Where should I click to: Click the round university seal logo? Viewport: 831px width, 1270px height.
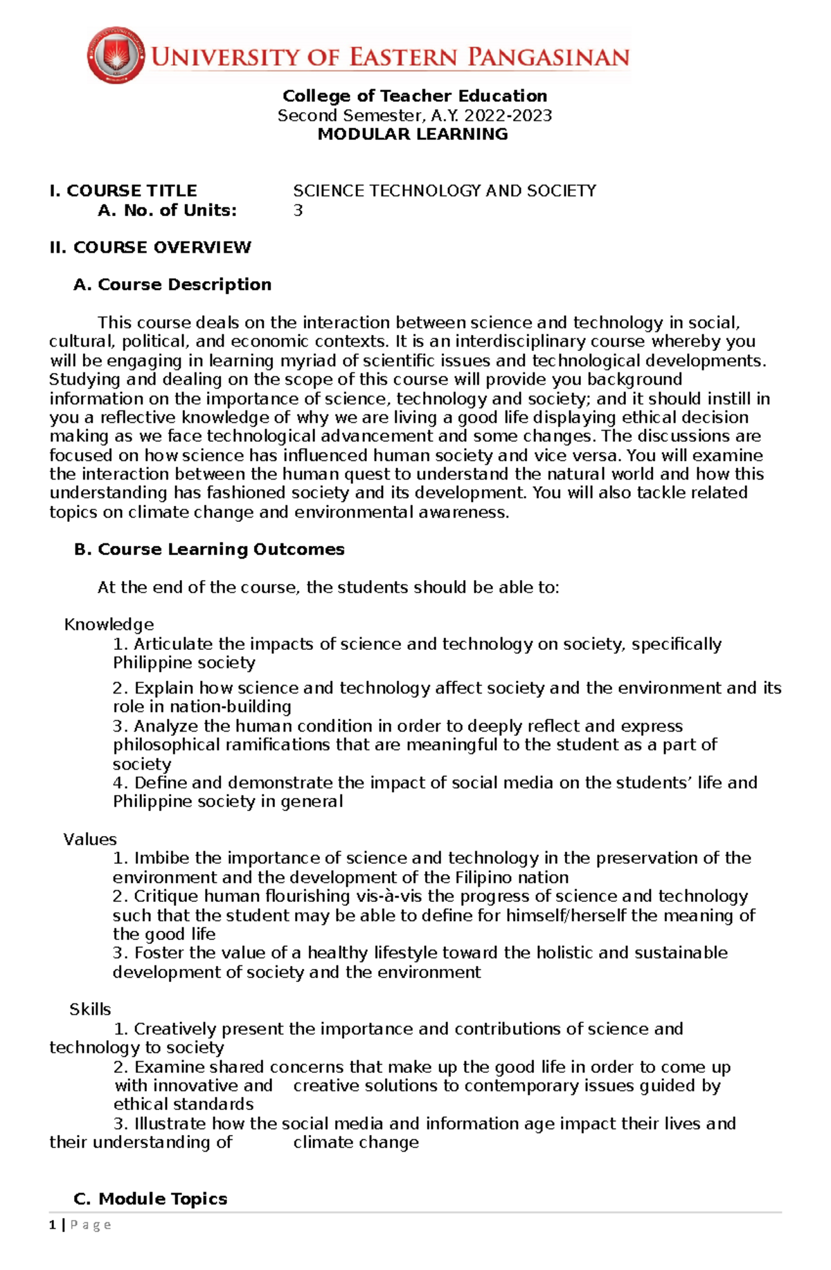(116, 55)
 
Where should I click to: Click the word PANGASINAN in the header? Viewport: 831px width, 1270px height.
(548, 57)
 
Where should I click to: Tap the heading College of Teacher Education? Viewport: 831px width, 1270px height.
(414, 96)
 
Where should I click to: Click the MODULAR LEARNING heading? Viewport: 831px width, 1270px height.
(413, 134)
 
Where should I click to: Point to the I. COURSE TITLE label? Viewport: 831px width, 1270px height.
(123, 191)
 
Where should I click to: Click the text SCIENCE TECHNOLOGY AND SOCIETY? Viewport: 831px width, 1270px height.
(444, 191)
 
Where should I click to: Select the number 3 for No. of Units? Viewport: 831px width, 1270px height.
(298, 210)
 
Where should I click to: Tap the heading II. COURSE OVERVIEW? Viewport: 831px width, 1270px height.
(150, 248)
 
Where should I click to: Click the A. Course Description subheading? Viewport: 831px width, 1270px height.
(172, 285)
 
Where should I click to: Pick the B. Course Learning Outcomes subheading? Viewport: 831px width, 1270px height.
(209, 550)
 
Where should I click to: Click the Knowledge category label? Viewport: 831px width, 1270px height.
(109, 625)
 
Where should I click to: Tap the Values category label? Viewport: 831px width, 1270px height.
(90, 840)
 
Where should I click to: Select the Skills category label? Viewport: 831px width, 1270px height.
(90, 1010)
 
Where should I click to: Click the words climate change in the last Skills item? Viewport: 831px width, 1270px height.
(356, 1143)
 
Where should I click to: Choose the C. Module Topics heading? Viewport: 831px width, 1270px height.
(150, 1199)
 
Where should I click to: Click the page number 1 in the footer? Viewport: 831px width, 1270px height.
(53, 1225)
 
